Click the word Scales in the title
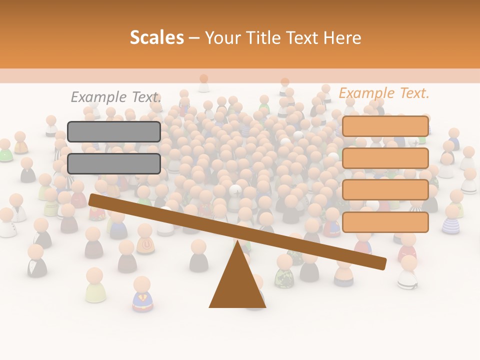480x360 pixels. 156,37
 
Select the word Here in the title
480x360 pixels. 342,38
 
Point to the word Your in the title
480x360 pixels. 223,38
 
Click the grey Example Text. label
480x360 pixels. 116,97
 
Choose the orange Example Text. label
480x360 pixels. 384,93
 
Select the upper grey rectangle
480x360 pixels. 114,131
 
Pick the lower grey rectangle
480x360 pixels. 114,163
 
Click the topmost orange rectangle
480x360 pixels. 385,126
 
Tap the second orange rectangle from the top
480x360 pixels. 385,158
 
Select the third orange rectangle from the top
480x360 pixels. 385,190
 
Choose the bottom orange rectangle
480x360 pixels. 385,222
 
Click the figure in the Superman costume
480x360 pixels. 142,295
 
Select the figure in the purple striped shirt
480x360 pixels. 451,220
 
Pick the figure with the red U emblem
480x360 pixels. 145,240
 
